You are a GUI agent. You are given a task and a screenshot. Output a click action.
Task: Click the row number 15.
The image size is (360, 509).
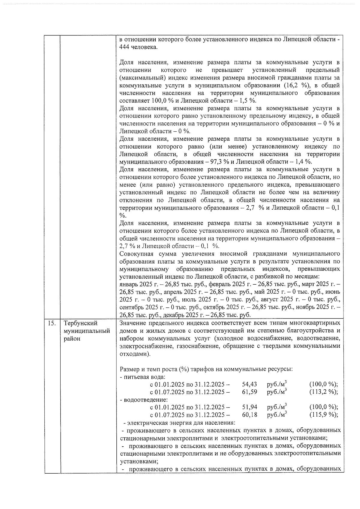click(52, 323)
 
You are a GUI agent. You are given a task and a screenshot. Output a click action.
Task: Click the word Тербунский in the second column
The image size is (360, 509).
click(81, 323)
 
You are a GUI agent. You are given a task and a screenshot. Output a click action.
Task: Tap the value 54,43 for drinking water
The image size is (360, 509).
click(249, 385)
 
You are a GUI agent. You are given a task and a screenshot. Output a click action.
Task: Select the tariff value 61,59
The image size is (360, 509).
click(249, 392)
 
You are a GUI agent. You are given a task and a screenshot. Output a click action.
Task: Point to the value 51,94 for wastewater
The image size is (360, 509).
click(249, 407)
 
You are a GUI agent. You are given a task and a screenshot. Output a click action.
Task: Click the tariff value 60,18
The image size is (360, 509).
click(249, 415)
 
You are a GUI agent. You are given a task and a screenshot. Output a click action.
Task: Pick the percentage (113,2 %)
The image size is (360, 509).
click(323, 392)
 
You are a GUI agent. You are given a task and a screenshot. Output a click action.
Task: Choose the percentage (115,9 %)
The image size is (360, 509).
click(323, 415)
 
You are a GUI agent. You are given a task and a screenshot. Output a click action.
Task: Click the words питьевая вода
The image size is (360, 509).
click(144, 377)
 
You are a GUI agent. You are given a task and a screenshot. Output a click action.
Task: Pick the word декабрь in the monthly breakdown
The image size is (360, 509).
click(174, 315)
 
